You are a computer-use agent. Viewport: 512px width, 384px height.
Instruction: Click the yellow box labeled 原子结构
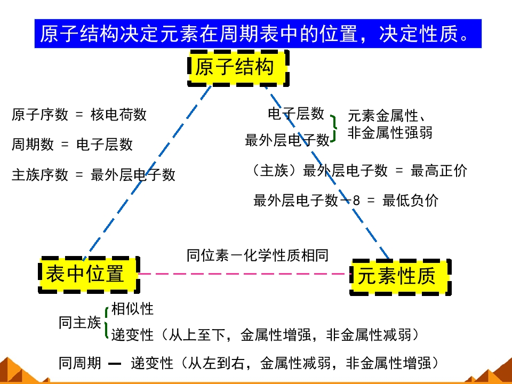coord(238,68)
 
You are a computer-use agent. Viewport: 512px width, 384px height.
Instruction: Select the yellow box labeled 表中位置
coord(89,275)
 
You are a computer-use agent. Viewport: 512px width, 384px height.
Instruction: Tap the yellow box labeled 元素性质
coord(401,277)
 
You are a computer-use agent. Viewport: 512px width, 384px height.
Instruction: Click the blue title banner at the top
coord(258,34)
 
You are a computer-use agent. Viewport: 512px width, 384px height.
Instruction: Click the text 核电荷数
coord(118,114)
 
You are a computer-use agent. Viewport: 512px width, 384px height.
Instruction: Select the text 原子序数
coord(40,114)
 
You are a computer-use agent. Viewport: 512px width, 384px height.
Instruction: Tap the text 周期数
coord(33,144)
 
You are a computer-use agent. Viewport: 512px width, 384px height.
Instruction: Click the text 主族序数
coord(40,174)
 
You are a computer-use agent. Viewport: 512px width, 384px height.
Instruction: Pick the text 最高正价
coord(439,171)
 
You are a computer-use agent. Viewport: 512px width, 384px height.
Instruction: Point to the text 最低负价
coord(411,200)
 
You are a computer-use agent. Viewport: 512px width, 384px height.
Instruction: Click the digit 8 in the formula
coord(356,201)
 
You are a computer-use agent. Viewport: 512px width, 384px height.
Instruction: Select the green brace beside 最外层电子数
coord(333,129)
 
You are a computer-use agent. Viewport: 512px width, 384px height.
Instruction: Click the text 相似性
coord(132,309)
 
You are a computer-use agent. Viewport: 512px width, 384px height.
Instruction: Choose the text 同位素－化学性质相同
coord(258,255)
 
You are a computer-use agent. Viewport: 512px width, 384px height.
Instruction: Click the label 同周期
coord(80,363)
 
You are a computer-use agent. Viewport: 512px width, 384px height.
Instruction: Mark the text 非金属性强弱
coord(390,133)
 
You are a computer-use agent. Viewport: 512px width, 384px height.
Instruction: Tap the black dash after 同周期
coord(115,363)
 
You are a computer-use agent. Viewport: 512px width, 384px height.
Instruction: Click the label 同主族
coord(80,323)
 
